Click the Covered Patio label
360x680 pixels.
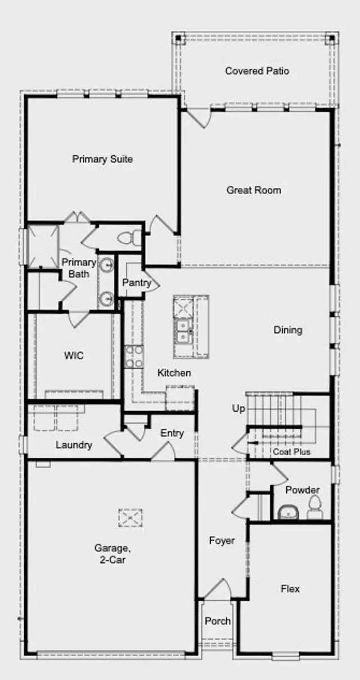point(257,71)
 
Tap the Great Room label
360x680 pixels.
point(254,190)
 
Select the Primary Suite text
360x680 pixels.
point(102,159)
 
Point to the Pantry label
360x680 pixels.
point(137,282)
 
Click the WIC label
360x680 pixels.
point(74,355)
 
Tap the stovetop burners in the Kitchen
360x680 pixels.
point(133,357)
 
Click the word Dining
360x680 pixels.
point(288,330)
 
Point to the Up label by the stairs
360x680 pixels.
point(238,408)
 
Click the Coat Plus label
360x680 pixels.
point(291,452)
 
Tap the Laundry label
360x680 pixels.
point(74,445)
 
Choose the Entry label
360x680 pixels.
point(172,433)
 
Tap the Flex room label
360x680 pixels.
point(290,589)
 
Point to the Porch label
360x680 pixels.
point(218,621)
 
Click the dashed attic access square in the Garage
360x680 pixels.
point(130,517)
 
